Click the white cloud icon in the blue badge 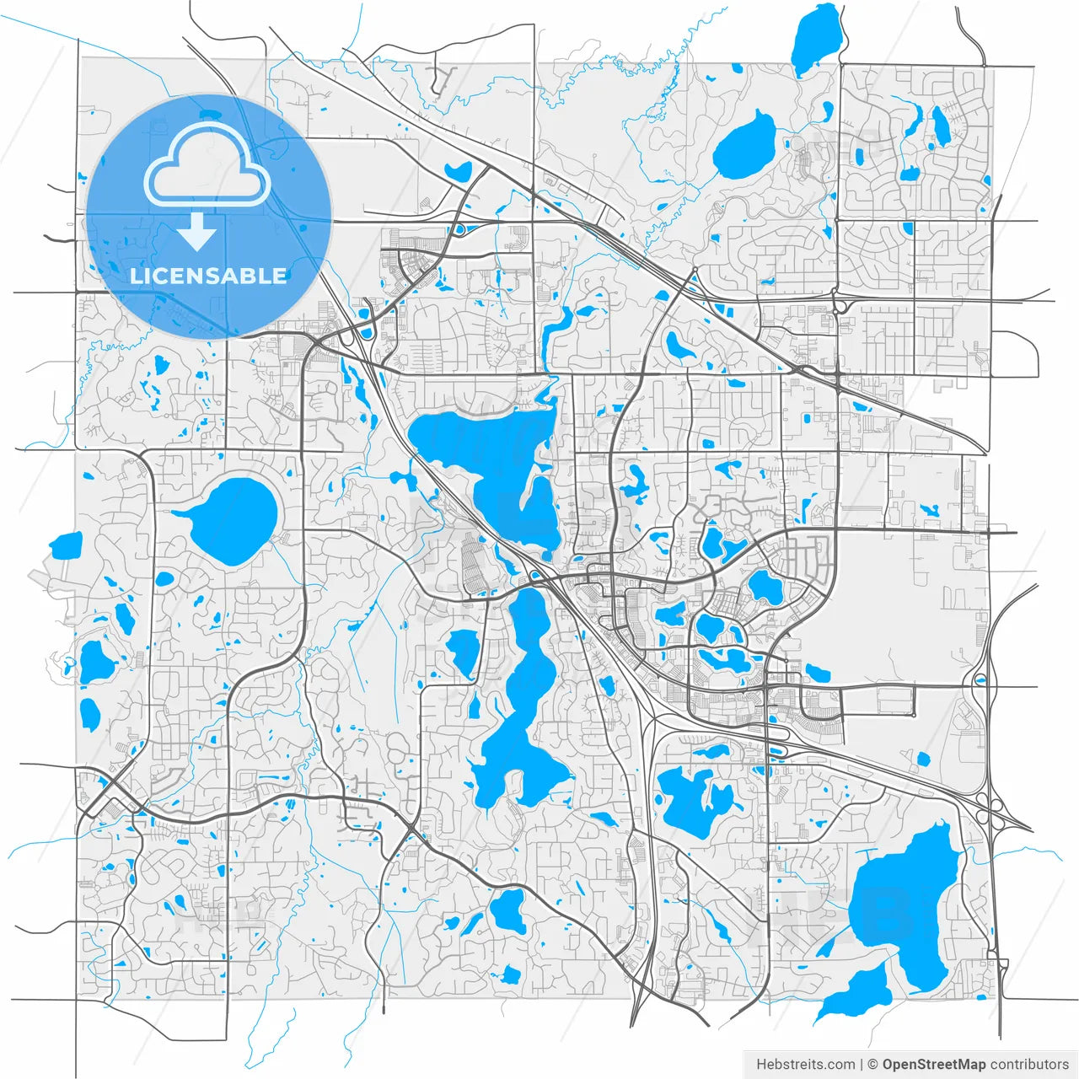[207, 164]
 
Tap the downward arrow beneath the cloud [196, 232]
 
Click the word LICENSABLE [207, 276]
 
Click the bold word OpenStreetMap [933, 1065]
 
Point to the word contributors [1029, 1065]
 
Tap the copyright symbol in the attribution [873, 1065]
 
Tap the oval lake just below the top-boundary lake [745, 144]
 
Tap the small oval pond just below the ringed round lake [164, 579]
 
